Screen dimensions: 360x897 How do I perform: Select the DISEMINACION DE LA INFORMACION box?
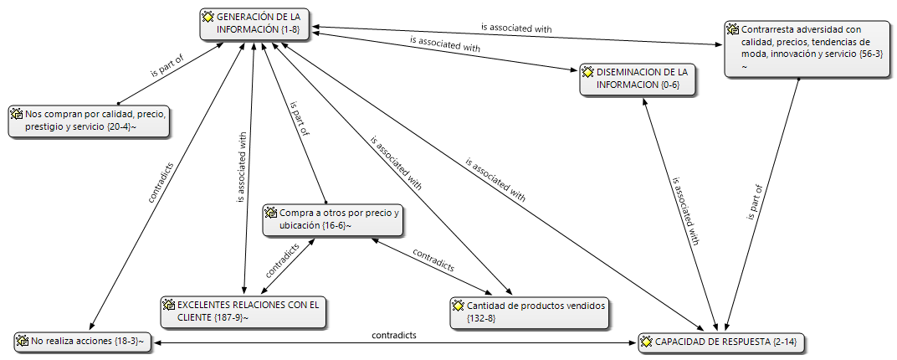[x=641, y=78]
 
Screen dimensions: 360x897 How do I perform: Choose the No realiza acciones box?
[x=83, y=341]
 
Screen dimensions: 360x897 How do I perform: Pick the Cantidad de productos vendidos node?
[x=528, y=311]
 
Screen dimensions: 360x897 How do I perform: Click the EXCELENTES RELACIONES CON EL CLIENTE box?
[x=242, y=311]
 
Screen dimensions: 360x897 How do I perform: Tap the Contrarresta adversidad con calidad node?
[x=806, y=49]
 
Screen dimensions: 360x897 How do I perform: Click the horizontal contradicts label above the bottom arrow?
[x=394, y=335]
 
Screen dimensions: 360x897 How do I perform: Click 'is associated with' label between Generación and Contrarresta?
[x=516, y=28]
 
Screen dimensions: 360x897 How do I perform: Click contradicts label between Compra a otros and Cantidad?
[x=433, y=260]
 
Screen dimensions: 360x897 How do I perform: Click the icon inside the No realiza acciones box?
[x=23, y=341]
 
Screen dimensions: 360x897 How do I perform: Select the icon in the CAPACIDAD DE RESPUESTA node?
[x=646, y=342]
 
